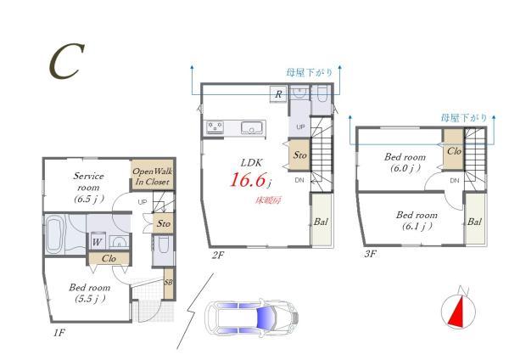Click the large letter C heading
tap(66, 62)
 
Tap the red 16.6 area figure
tap(248, 180)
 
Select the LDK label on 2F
tap(252, 162)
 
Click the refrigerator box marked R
tap(278, 94)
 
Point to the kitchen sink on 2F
tap(252, 127)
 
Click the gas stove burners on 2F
tap(215, 127)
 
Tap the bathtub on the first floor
tap(53, 234)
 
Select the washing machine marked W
tap(97, 241)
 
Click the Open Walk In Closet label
tap(152, 177)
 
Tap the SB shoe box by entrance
tap(168, 283)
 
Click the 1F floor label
tap(59, 333)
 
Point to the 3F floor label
tap(370, 253)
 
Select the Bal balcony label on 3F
tap(474, 222)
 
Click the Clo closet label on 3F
tap(454, 151)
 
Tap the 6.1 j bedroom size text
tap(417, 227)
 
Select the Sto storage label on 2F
tap(299, 155)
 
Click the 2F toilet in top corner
tap(322, 94)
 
